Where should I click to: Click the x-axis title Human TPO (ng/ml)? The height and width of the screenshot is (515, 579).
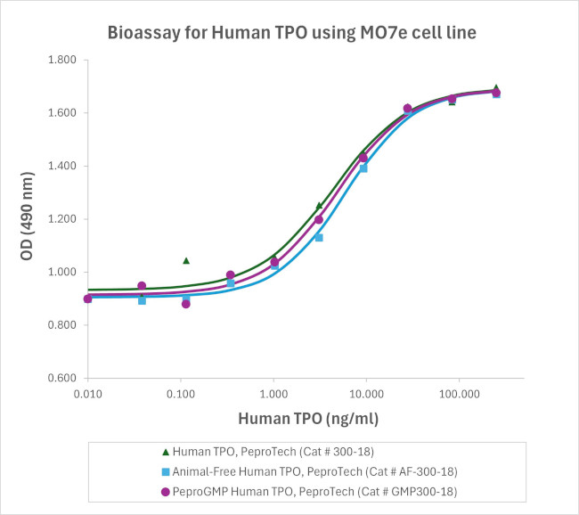pos(305,417)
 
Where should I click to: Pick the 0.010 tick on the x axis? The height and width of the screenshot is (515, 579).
pos(87,394)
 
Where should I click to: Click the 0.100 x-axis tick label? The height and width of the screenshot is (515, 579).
pos(181,394)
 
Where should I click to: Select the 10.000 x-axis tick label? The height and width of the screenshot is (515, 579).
pos(366,394)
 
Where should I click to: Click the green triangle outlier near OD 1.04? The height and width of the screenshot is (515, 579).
pos(186,260)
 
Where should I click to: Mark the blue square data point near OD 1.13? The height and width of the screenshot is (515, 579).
pos(319,237)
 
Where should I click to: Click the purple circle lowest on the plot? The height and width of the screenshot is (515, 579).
pos(186,304)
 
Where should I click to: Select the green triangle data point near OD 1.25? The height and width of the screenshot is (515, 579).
pos(319,205)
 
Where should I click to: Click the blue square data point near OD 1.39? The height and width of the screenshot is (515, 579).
pos(363,168)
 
